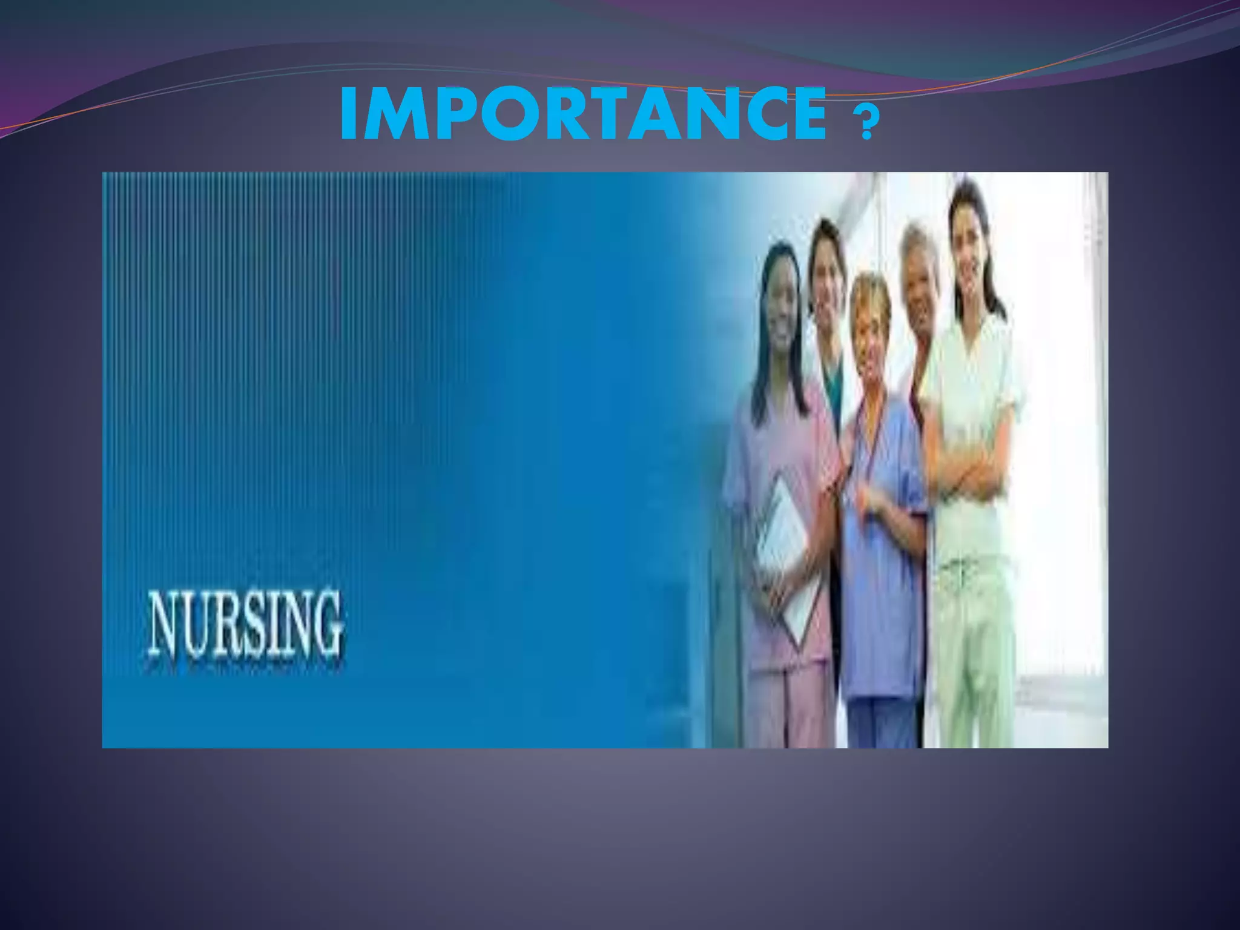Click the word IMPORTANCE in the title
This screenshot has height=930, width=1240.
[583, 113]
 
